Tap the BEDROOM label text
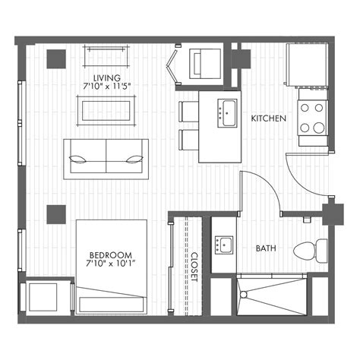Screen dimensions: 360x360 pos(111,254)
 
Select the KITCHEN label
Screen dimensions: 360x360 pos(268,118)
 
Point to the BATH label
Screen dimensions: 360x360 pos(266,248)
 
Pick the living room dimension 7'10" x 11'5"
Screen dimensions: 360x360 pos(106,88)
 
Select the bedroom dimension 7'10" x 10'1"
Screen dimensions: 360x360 pos(111,264)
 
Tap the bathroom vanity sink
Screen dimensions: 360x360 pos(223,245)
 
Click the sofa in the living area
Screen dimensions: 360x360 pos(105,158)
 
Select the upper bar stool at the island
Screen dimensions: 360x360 pos(188,112)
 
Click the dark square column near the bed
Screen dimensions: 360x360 pos(55,214)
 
